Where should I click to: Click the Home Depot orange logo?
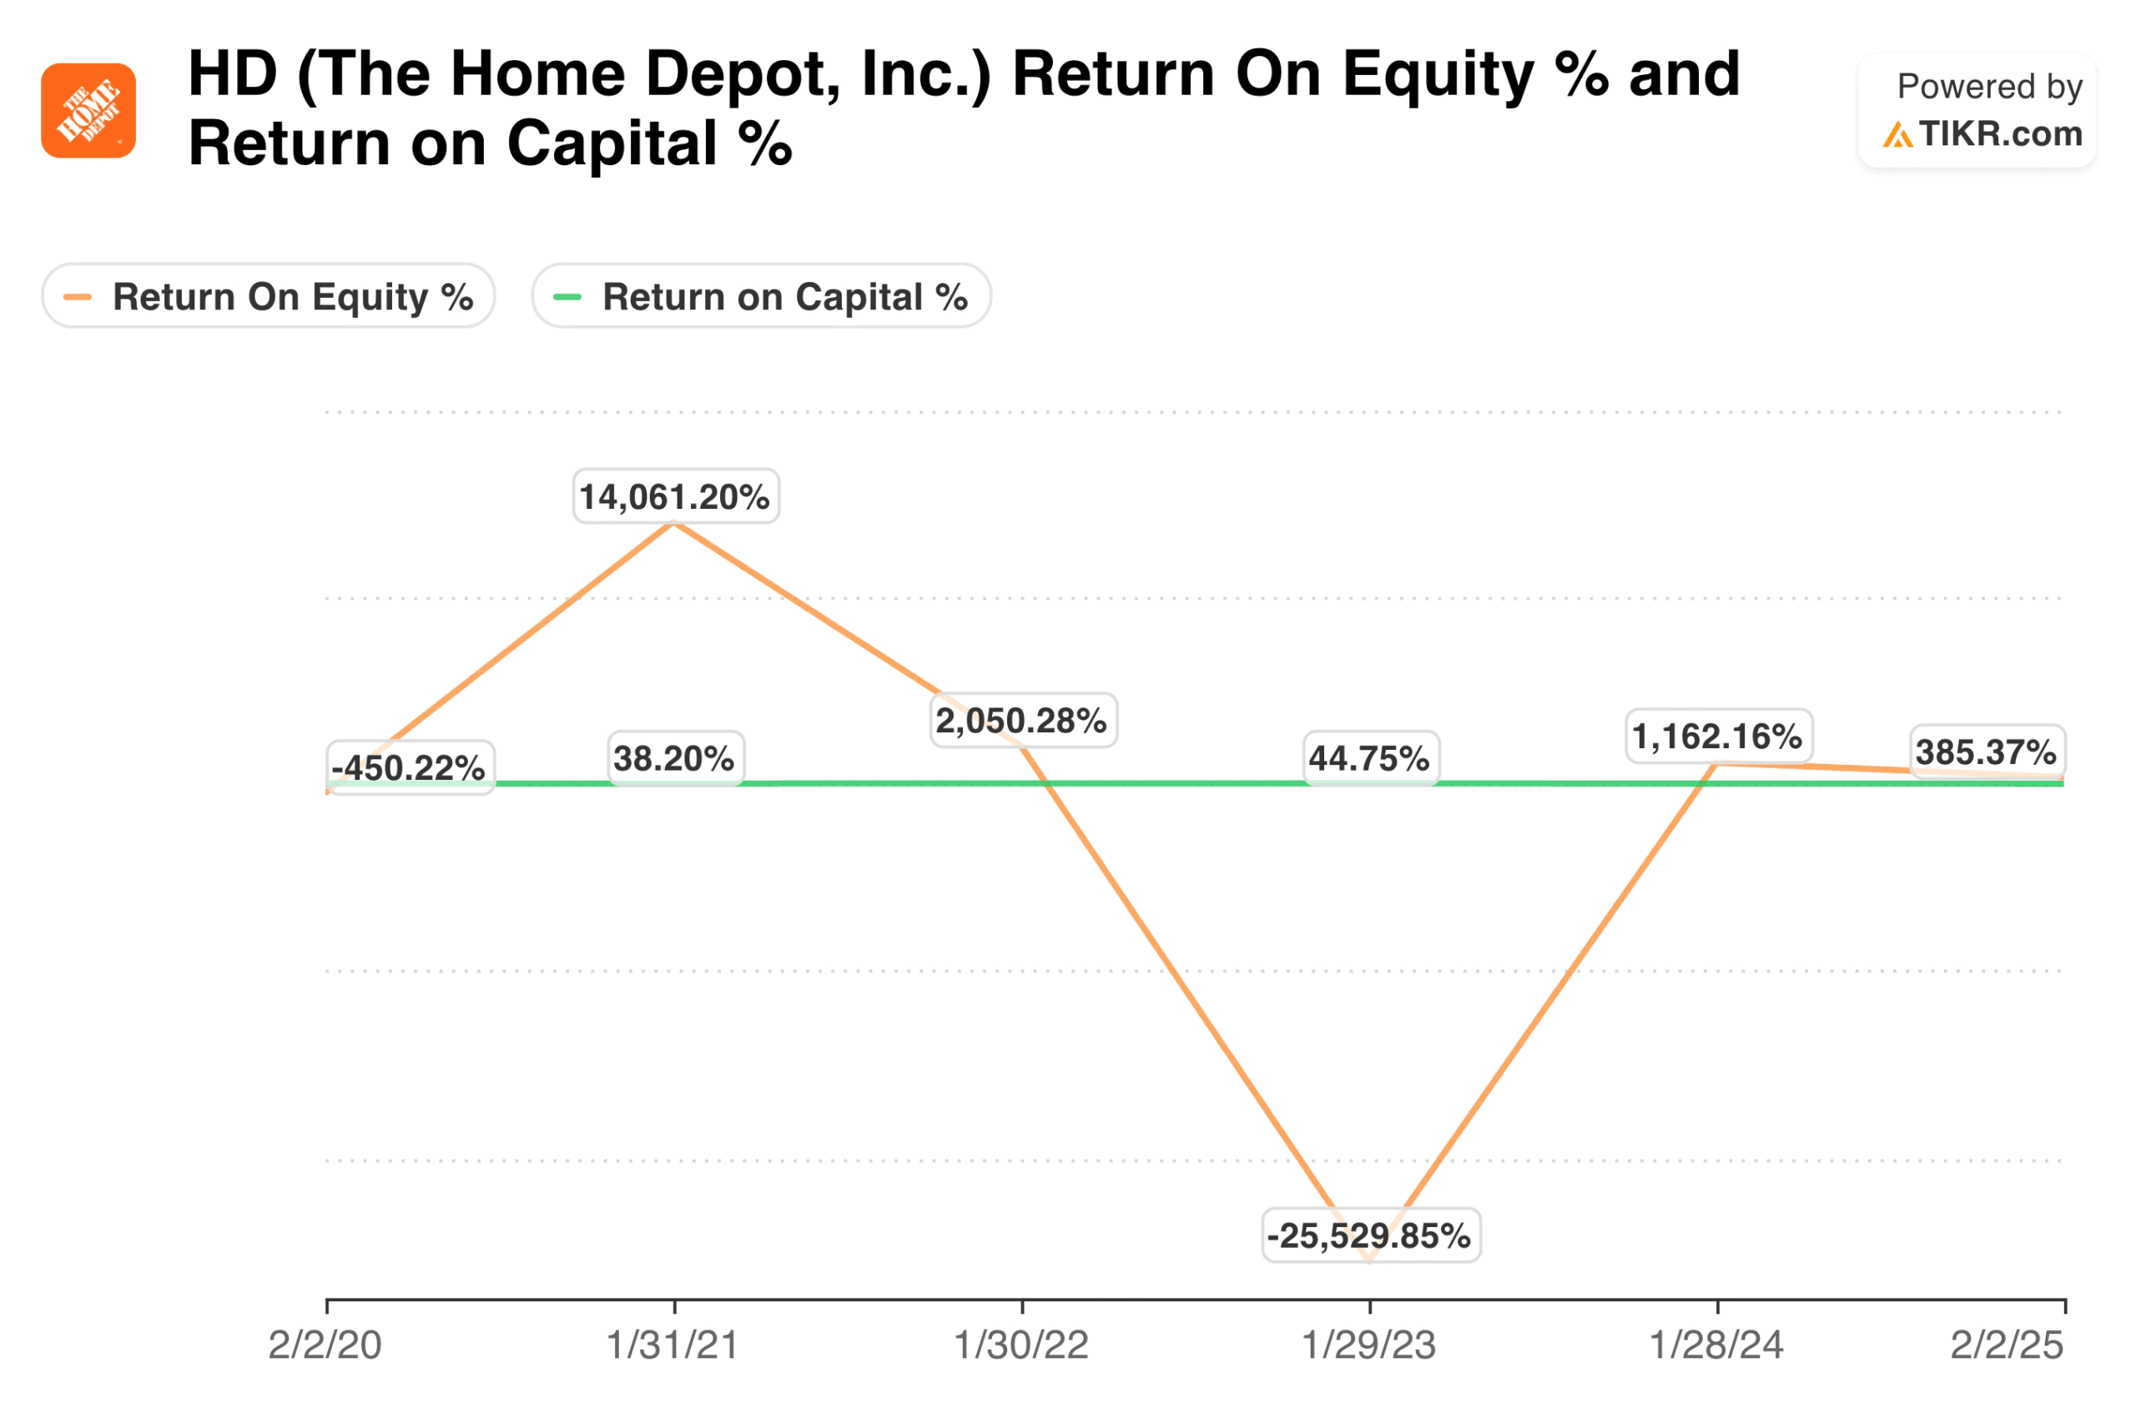coord(88,111)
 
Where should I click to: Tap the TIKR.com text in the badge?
coord(1999,134)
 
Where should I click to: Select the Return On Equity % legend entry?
coord(269,296)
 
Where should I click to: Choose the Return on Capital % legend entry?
coord(761,296)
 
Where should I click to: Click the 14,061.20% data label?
coord(675,496)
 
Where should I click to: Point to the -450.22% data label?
coord(410,767)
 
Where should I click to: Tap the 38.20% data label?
coord(675,757)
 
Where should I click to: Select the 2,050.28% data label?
coord(1023,721)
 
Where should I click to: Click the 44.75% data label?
coord(1371,757)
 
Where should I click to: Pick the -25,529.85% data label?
coord(1371,1235)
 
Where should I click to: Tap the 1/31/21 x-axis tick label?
coord(673,1345)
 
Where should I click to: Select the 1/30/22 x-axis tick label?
coord(1022,1345)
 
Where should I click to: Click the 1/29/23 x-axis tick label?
coord(1370,1345)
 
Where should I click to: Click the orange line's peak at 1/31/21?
coord(674,523)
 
